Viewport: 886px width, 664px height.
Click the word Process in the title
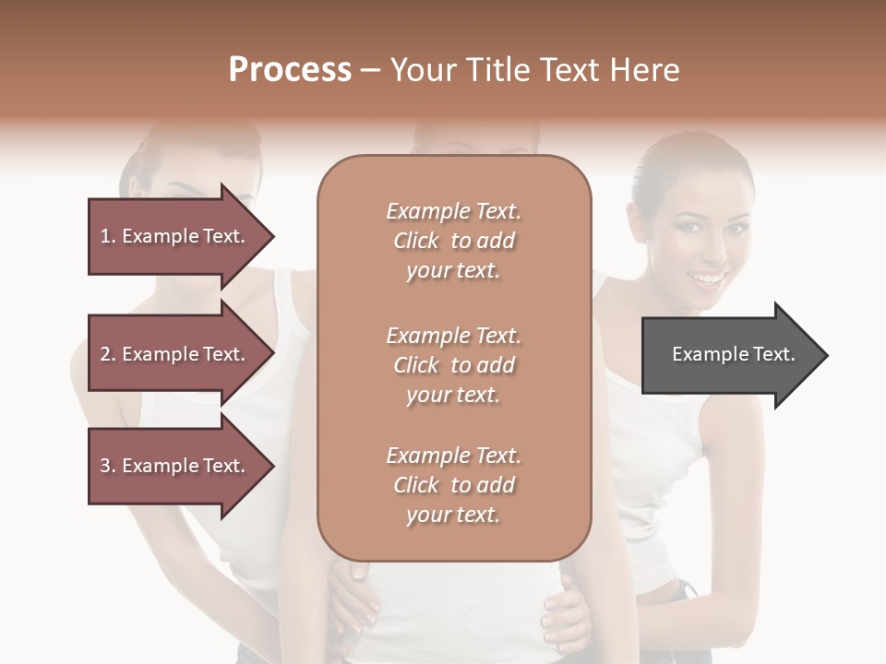(290, 70)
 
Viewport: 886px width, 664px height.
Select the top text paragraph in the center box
(453, 241)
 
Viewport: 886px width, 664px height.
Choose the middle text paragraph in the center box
(453, 365)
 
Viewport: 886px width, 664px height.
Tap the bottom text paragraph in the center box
(453, 485)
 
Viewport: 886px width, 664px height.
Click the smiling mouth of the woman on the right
(709, 278)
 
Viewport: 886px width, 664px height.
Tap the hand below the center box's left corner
(355, 599)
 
